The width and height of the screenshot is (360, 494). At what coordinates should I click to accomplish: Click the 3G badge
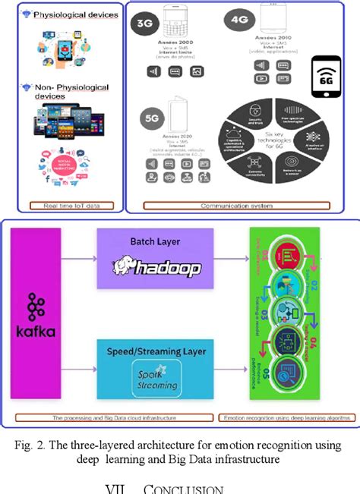[145, 24]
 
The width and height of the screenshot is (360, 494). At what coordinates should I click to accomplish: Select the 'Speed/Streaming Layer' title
[156, 352]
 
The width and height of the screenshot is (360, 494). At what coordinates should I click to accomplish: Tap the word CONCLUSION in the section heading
[187, 489]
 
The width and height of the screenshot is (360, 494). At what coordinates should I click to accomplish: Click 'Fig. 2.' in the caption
[39, 444]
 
